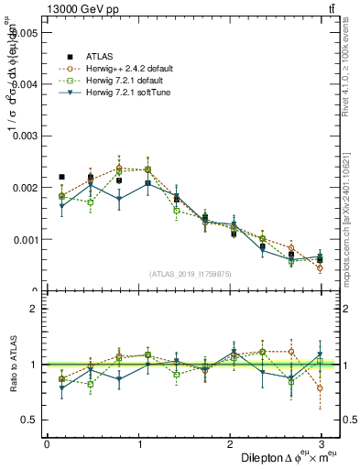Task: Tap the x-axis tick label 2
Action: (x=230, y=444)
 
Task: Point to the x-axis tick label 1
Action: (x=138, y=444)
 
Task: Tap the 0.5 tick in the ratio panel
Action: (x=30, y=420)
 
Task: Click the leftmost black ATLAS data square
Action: (x=61, y=177)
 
